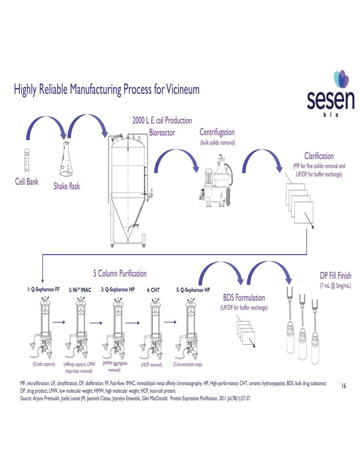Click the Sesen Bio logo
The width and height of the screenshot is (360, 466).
coord(330,94)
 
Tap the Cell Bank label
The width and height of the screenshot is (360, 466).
coord(27,182)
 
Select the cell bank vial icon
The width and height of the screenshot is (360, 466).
coord(27,160)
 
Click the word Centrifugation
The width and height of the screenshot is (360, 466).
coord(217,132)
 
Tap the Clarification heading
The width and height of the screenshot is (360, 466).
coord(319,156)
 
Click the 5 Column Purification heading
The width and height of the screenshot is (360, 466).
coord(120,274)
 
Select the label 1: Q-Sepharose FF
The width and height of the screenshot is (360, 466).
coord(43,290)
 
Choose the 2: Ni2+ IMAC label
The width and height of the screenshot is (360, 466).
coord(80,290)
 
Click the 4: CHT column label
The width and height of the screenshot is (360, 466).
coord(153,290)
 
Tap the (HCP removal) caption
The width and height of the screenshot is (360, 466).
coord(152,365)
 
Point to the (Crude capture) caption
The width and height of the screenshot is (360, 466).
coord(44,364)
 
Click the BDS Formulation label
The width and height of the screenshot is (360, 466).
coord(244,298)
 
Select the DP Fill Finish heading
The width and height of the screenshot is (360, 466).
coord(335,276)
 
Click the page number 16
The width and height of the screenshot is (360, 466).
coord(344,386)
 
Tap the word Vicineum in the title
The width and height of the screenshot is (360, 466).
coord(183,89)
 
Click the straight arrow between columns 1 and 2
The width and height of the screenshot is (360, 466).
coord(59,322)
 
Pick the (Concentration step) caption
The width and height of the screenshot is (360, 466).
coord(187,365)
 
